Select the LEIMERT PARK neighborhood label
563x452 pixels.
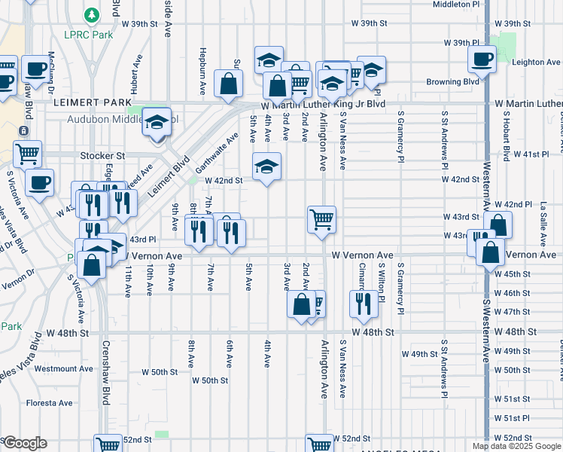coord(83,101)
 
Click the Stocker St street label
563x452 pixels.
coord(102,156)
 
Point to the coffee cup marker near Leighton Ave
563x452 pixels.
coord(482,58)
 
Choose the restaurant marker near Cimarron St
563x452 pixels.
coord(364,303)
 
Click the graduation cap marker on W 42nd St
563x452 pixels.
coord(266,166)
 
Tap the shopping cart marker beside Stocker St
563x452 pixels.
coord(28,154)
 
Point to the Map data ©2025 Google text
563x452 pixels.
coord(515,446)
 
